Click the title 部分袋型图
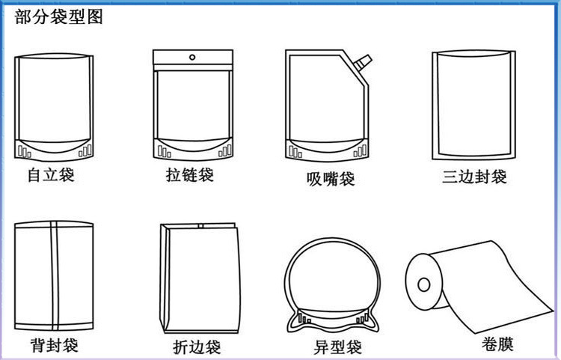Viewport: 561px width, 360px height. [x=58, y=16]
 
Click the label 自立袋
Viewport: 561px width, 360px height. [x=51, y=175]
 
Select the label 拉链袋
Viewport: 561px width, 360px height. [x=190, y=175]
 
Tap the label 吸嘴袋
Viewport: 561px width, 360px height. [x=331, y=179]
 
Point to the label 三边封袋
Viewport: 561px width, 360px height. [x=474, y=177]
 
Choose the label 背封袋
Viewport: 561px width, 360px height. [x=55, y=345]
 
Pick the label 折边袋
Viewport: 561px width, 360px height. [x=197, y=347]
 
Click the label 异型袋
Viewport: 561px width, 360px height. [x=338, y=347]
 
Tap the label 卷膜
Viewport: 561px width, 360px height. [x=497, y=344]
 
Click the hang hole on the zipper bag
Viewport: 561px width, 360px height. [x=192, y=58]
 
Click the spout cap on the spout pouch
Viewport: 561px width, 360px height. [x=363, y=62]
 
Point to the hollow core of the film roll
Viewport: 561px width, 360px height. [x=424, y=285]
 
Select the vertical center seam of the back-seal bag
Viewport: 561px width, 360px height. [x=55, y=275]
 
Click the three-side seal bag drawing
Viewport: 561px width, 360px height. [x=474, y=105]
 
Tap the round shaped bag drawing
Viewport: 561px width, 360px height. [x=332, y=285]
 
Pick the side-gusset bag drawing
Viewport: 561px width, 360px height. [x=200, y=278]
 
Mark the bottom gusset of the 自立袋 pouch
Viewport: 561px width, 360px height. [x=54, y=149]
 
